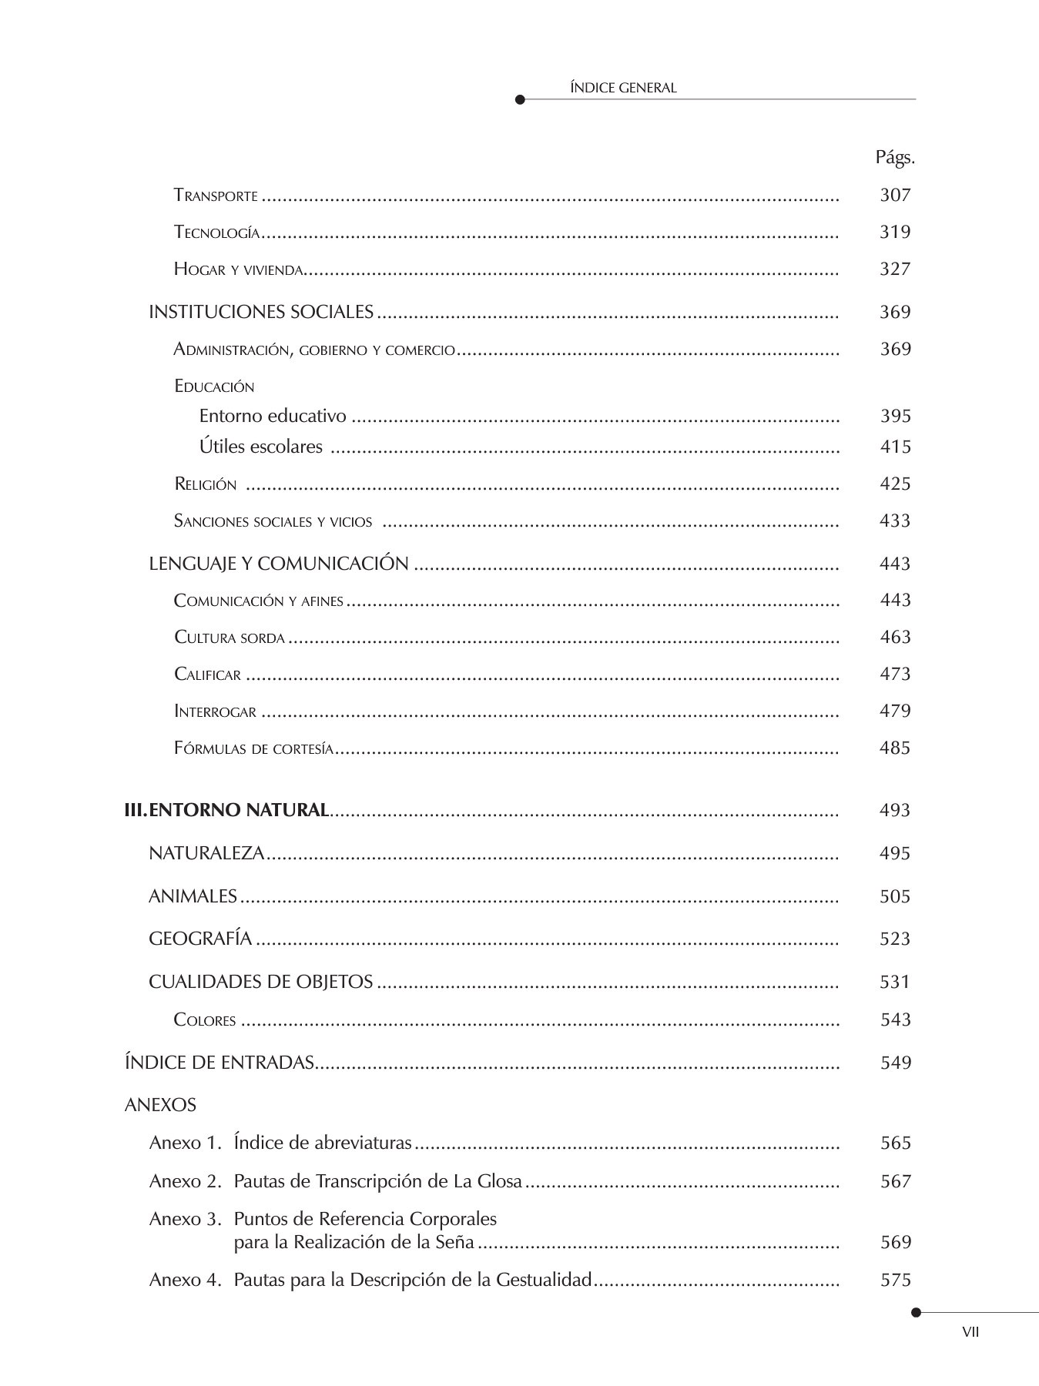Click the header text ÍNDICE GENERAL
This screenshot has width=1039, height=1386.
click(x=622, y=88)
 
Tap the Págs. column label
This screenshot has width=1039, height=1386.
click(x=894, y=158)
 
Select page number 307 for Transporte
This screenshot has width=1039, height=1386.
click(x=895, y=195)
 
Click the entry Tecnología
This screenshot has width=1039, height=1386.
click(x=216, y=233)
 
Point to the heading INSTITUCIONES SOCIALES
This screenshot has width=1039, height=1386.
click(x=261, y=312)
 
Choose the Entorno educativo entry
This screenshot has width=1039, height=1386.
click(x=273, y=416)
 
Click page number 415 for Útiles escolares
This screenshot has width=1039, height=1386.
click(x=895, y=447)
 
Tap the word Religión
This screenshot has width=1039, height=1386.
click(x=206, y=484)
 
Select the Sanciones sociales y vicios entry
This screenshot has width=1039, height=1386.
click(x=273, y=521)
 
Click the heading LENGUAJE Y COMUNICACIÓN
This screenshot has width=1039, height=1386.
click(x=278, y=564)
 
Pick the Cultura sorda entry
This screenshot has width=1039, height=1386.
click(x=230, y=638)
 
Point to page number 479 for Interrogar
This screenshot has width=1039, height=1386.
click(x=895, y=711)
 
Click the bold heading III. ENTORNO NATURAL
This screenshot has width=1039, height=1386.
click(x=227, y=810)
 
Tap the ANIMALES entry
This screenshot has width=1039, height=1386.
click(x=193, y=896)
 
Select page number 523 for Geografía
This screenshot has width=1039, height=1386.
click(x=895, y=939)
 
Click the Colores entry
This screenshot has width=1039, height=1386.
click(x=205, y=1020)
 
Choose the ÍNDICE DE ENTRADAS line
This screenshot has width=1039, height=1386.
click(x=219, y=1063)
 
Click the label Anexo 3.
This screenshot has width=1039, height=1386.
click(x=186, y=1219)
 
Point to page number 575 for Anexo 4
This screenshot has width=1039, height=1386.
click(x=895, y=1280)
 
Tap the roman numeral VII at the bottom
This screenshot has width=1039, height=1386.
click(x=970, y=1332)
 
